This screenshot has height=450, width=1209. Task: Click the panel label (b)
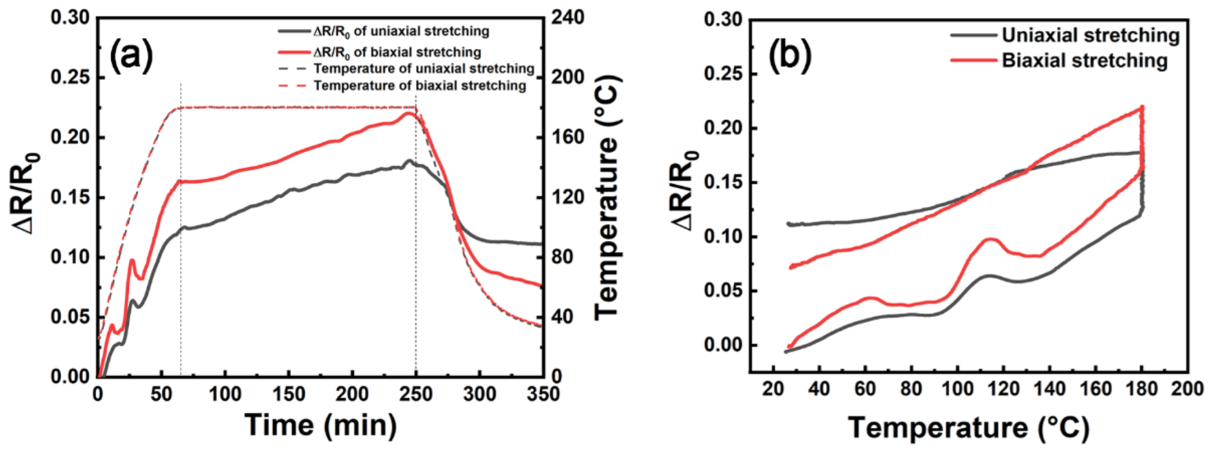[790, 55]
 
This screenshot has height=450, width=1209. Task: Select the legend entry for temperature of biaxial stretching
[419, 85]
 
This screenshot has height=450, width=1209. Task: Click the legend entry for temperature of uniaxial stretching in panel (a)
[423, 69]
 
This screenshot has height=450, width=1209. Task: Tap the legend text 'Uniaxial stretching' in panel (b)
[1090, 35]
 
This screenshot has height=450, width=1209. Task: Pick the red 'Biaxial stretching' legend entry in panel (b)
[1084, 60]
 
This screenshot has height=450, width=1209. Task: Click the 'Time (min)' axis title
[321, 425]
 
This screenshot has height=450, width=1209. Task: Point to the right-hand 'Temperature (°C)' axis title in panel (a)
[608, 197]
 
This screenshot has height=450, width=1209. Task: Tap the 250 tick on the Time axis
[416, 394]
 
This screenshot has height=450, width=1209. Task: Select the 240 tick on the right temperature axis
[567, 17]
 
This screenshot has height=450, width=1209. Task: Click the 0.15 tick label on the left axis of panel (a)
[71, 198]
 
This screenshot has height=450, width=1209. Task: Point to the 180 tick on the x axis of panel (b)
[1141, 389]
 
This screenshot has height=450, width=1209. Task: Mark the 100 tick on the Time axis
[225, 394]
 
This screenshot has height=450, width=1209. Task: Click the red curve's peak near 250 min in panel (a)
[409, 113]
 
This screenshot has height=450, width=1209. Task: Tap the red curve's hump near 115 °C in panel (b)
[991, 239]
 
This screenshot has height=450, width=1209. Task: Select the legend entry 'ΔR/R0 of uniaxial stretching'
[401, 31]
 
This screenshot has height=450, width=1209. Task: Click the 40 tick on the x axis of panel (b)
[819, 389]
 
